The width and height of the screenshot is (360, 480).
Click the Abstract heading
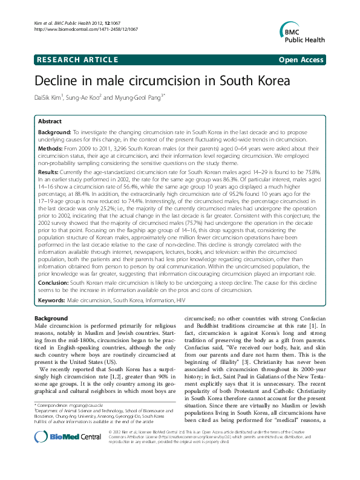(x=50, y=122)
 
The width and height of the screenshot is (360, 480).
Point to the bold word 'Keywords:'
(x=52, y=300)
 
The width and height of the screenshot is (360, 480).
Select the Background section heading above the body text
(x=51, y=318)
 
